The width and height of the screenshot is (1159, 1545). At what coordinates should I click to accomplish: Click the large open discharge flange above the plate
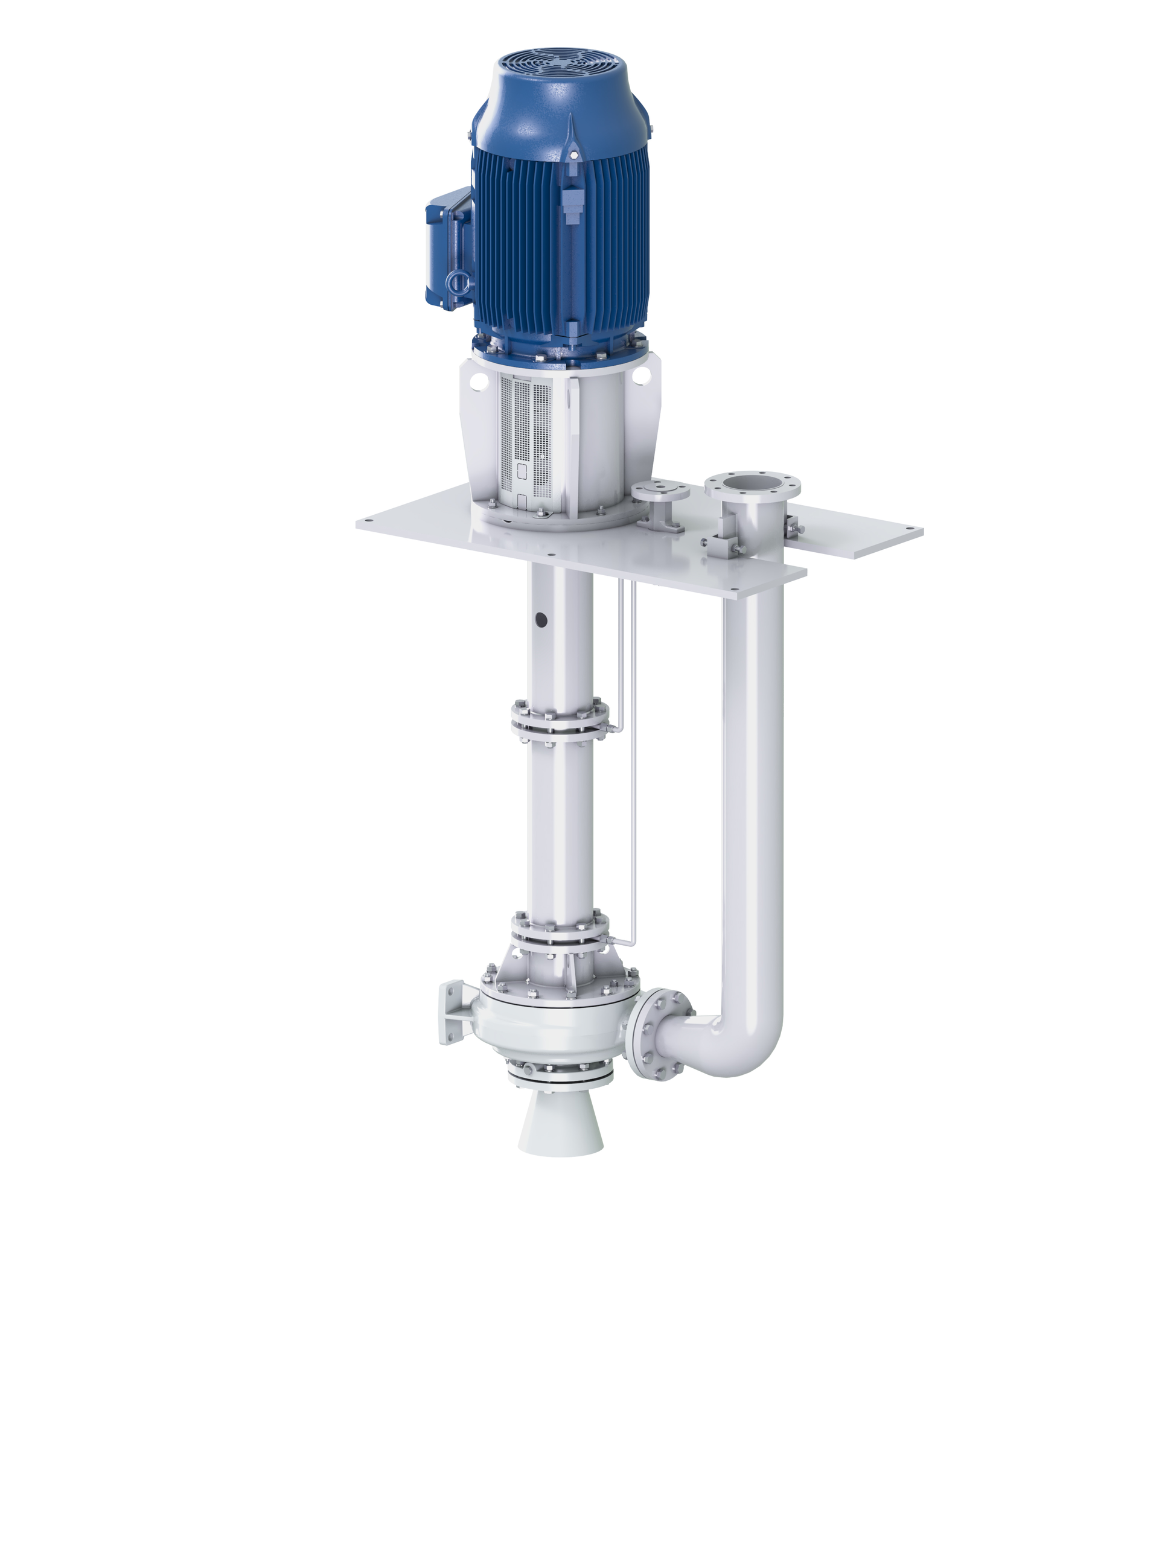pyautogui.click(x=751, y=485)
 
